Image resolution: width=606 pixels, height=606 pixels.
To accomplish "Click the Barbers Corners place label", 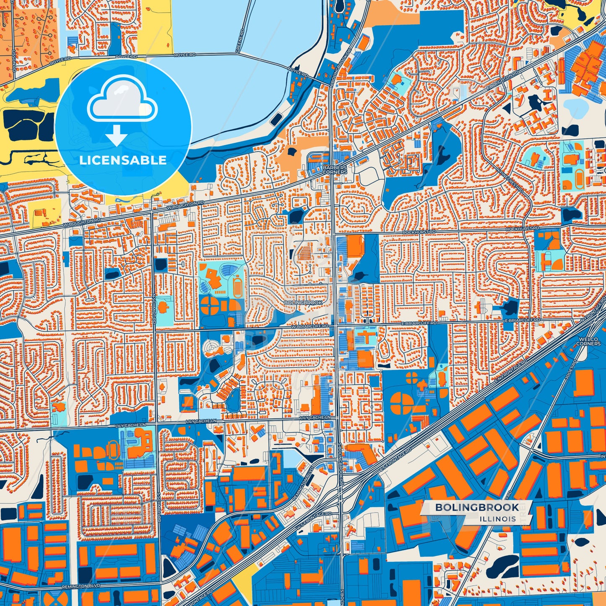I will (x=335, y=169).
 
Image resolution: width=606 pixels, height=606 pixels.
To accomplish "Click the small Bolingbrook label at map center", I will (x=303, y=302).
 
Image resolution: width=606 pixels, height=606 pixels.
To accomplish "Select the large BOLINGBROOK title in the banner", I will (x=477, y=507).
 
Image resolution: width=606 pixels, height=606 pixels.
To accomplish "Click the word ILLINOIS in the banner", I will (x=498, y=519).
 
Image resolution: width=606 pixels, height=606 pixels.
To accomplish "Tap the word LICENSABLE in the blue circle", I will (x=123, y=160).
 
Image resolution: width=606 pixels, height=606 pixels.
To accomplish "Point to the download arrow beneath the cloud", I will (x=116, y=135).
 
